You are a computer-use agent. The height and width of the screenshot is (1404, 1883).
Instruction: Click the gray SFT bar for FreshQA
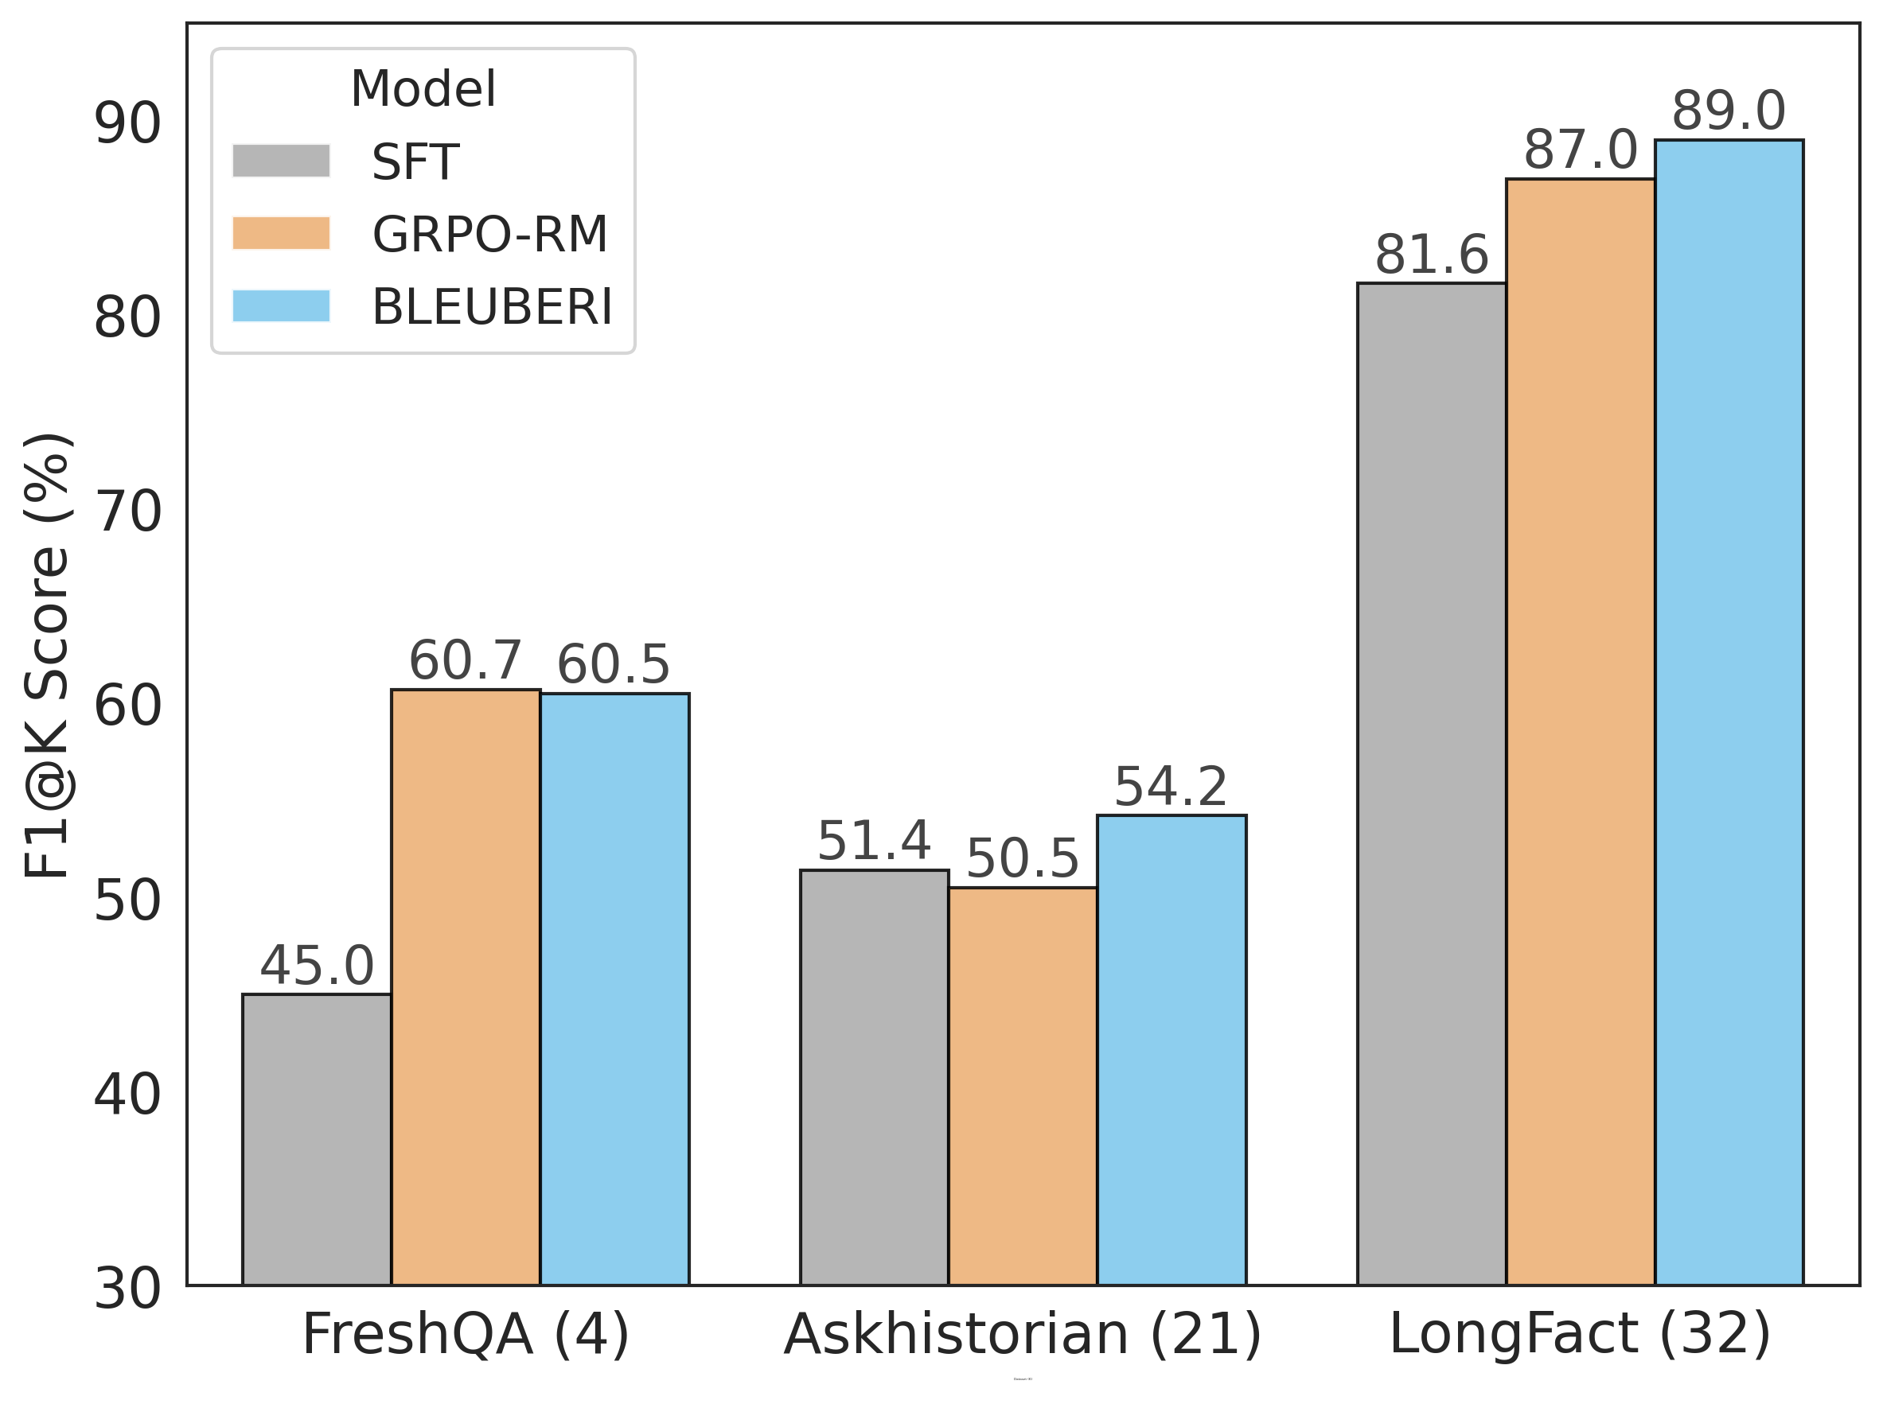coord(316,1139)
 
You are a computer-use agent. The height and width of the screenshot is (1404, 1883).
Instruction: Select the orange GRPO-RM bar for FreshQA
coord(465,986)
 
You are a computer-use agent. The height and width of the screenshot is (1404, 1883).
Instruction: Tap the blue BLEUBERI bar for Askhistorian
coord(1171,1049)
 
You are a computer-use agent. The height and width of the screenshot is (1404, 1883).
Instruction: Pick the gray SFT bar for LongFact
coord(1431,782)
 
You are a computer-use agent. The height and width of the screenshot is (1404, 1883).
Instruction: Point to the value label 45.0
coord(316,966)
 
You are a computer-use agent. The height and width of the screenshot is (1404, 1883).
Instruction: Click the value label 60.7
coord(465,660)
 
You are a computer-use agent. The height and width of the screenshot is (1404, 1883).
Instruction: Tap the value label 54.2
coord(1171,786)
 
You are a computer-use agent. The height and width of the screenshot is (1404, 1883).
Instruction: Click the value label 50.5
coord(1022,858)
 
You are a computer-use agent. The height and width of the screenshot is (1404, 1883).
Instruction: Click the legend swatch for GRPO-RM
coord(280,234)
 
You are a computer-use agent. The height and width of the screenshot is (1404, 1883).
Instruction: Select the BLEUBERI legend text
coord(491,307)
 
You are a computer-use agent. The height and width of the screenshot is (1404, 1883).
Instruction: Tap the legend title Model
coord(423,88)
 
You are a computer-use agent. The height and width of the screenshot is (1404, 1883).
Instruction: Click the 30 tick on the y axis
coord(127,1289)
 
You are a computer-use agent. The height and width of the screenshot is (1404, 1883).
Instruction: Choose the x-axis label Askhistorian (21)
coord(1022,1333)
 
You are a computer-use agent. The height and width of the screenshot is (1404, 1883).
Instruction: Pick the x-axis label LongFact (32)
coord(1580,1333)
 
